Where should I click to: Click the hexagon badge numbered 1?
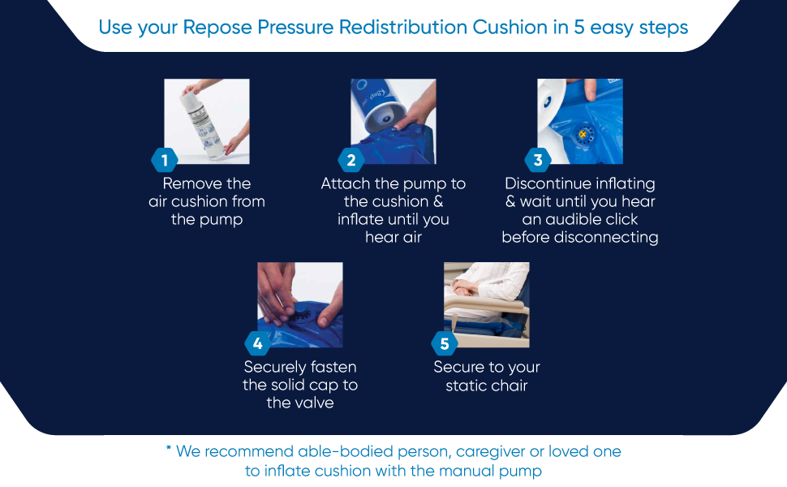165,160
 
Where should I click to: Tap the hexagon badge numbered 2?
350,160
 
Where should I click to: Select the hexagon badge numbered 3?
537,160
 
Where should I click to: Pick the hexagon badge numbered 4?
257,343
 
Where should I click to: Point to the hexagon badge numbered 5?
444,343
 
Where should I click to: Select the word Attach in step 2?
345,183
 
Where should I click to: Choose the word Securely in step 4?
276,367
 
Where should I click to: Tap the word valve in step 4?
300,403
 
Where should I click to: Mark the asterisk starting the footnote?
169,450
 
